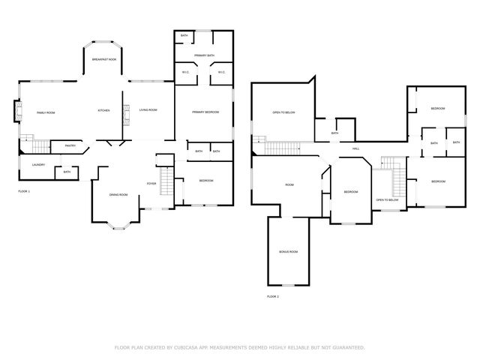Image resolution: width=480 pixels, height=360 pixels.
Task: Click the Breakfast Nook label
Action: tap(104, 59)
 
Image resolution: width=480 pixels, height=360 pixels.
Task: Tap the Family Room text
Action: tap(46, 112)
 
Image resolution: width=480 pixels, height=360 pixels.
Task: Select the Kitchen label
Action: tap(103, 110)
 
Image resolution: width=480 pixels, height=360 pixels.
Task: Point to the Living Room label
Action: tap(148, 110)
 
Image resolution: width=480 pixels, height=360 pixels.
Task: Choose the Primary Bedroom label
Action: tap(205, 112)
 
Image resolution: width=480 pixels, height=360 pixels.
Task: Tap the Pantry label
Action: tap(70, 146)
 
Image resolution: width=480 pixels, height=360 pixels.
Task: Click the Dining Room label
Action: tap(118, 195)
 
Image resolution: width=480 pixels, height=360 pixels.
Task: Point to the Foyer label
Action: tap(151, 184)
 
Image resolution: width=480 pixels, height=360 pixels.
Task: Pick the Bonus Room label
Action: tap(288, 252)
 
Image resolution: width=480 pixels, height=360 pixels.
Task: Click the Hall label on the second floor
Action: tap(355, 148)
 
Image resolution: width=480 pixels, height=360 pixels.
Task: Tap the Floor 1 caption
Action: tap(25, 192)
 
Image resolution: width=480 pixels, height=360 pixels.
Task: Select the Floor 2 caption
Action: tap(272, 297)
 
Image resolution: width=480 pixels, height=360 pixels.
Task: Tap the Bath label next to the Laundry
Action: tap(67, 172)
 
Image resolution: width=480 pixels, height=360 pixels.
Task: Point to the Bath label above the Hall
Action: tap(334, 133)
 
